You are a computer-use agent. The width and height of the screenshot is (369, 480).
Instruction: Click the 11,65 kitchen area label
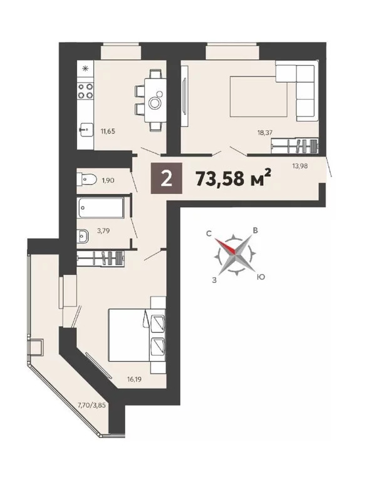pos(108,132)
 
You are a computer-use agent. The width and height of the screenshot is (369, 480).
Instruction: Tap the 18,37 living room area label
pos(265,133)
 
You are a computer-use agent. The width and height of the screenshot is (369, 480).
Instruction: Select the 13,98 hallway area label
pos(300,166)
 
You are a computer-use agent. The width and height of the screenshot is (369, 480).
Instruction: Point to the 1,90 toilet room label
pos(108,180)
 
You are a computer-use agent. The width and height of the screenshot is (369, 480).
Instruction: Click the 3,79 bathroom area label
pos(103,231)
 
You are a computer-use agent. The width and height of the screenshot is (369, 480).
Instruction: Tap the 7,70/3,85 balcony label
pos(92,406)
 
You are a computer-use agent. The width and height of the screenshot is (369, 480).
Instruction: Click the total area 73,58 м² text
pos(234,178)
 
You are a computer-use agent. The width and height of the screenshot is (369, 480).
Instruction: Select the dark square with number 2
pos(167,178)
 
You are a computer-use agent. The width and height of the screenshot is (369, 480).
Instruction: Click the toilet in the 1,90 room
pos(86,179)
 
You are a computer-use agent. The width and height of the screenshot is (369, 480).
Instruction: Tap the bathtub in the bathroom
pos(100,208)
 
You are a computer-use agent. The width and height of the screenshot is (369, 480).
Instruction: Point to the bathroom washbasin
pos(83,236)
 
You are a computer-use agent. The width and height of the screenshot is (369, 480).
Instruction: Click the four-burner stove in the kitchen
pos(85,91)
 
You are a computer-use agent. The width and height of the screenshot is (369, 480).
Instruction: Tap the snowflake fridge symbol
pos(85,69)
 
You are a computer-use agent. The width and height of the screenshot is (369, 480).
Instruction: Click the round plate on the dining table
pos(155,103)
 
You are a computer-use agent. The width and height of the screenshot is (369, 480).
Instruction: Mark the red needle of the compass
pos(226,246)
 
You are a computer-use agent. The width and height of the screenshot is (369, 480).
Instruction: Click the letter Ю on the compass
pos(261,277)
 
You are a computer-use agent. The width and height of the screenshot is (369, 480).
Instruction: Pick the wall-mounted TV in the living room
pos(184,96)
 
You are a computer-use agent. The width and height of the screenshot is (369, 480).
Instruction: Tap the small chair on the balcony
pos(35,347)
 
